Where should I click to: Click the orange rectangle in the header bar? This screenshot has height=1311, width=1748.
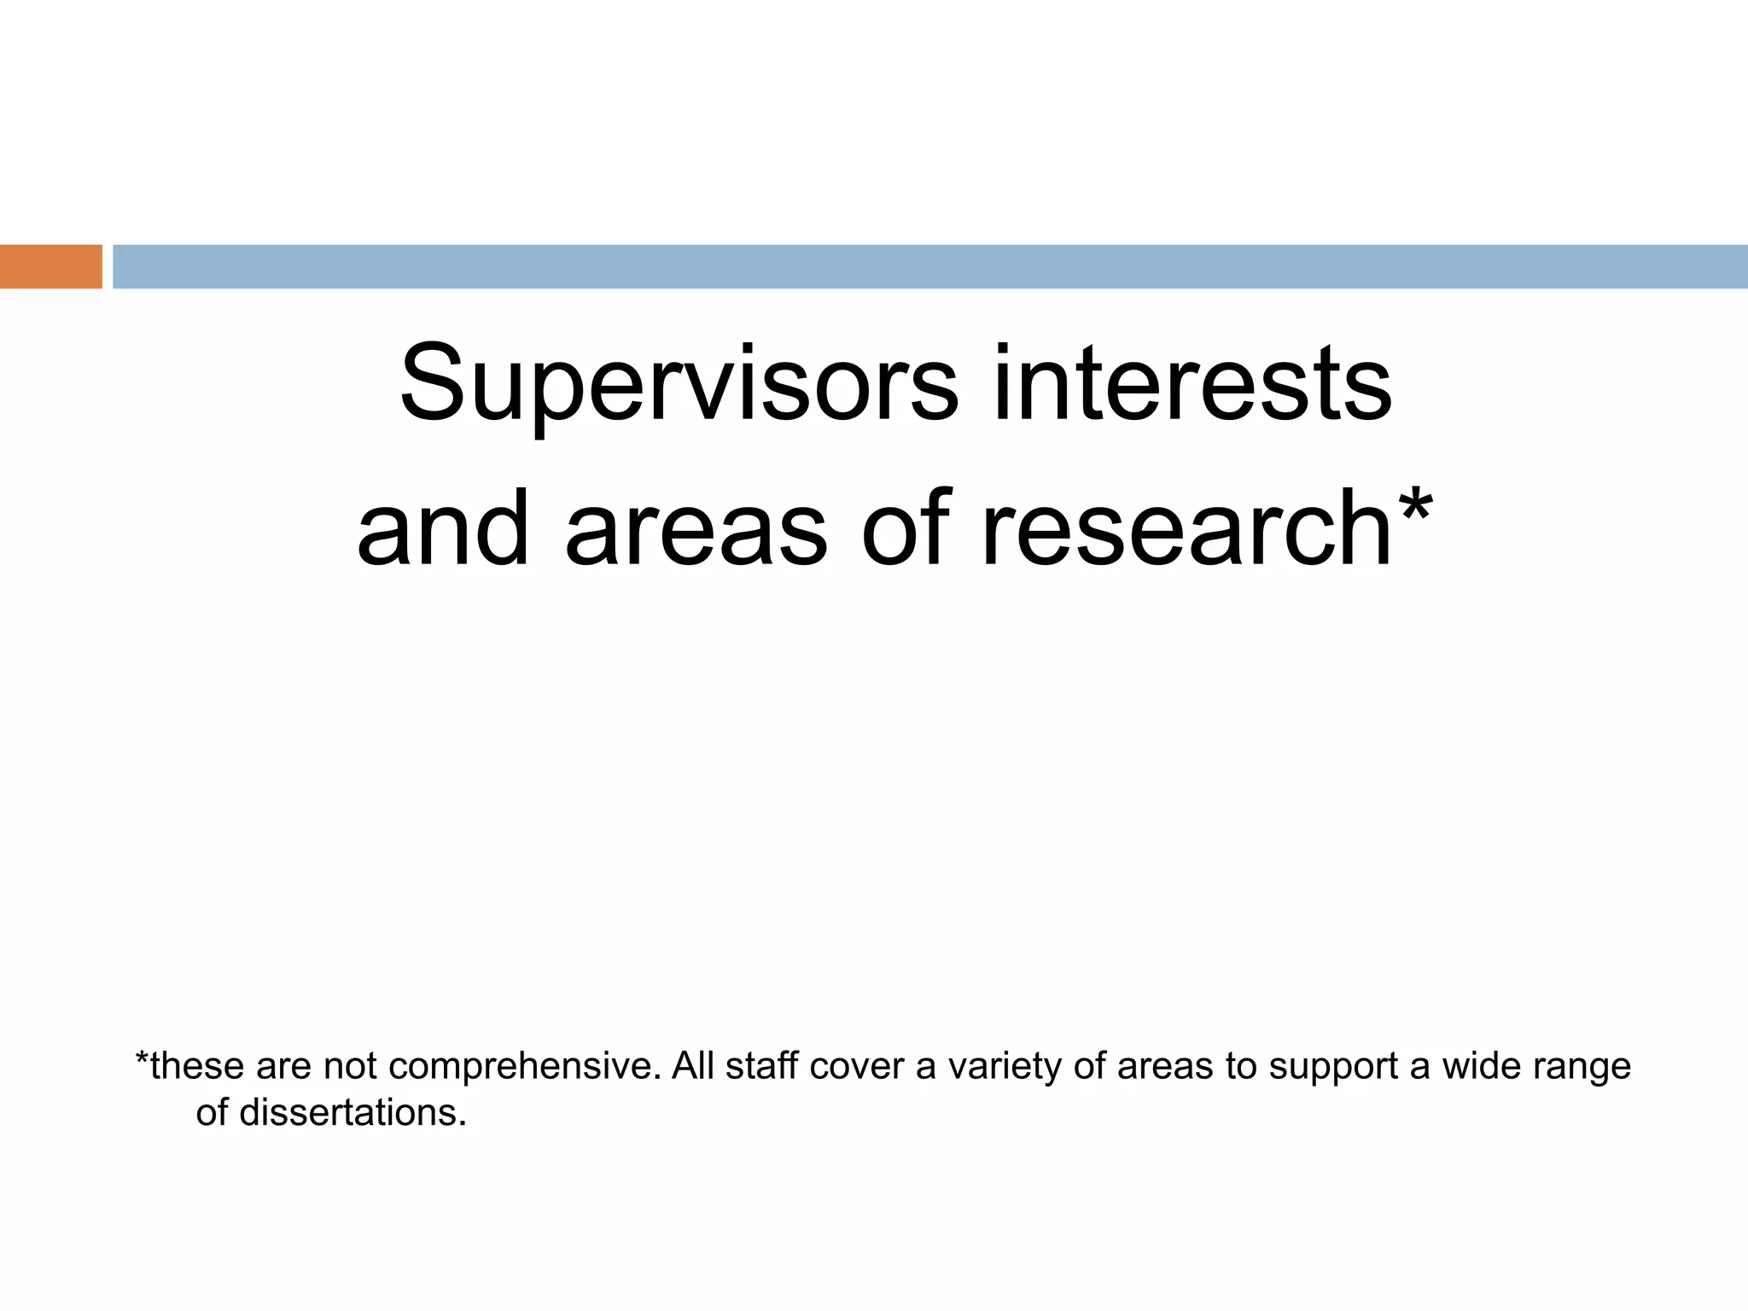coord(50,266)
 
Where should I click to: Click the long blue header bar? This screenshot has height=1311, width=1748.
coord(929,266)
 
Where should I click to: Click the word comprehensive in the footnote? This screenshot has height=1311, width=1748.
coord(524,1067)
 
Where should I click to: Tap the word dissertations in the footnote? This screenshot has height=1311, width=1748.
coord(353,1113)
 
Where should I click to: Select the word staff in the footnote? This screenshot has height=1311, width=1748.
coord(761,1067)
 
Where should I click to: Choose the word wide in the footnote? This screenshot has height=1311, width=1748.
coord(1480,1067)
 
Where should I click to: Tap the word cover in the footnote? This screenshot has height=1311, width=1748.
coord(857,1067)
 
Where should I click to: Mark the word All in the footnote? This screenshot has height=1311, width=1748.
coord(692,1067)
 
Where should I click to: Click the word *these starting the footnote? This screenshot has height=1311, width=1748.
coord(189,1067)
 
